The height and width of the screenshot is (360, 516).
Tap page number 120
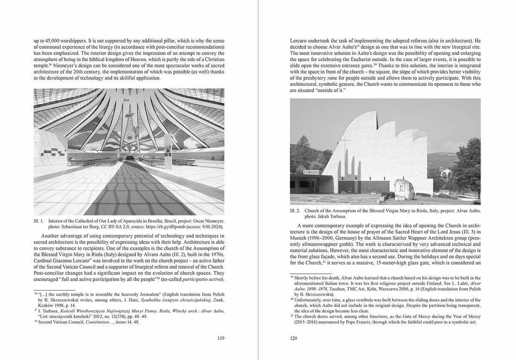[x=294, y=338]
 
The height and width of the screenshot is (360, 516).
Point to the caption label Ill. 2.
[x=295, y=211]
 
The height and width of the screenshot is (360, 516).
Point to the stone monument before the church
[x=404, y=189]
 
